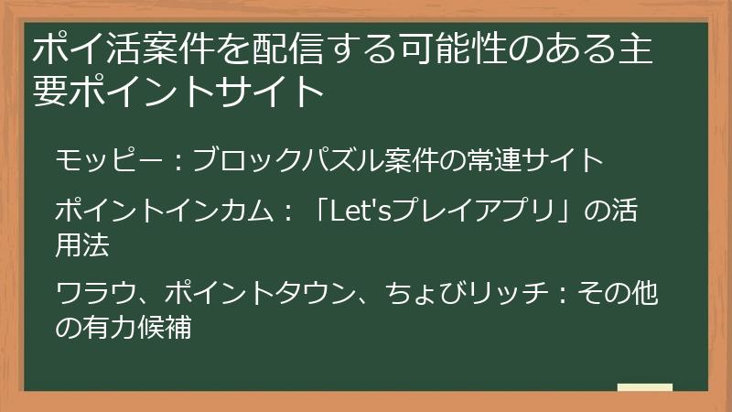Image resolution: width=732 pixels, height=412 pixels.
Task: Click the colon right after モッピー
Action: [x=179, y=162]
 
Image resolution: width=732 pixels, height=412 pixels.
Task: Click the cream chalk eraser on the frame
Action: [x=644, y=387]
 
